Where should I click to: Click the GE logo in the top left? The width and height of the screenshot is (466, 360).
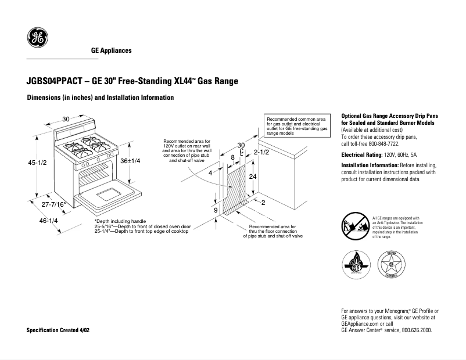point(38,38)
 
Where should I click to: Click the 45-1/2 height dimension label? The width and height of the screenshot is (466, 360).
point(38,163)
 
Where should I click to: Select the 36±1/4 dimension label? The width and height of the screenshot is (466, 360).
point(130,161)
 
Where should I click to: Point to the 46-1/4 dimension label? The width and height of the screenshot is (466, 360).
point(48,221)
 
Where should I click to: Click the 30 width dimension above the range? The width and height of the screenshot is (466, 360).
point(66,119)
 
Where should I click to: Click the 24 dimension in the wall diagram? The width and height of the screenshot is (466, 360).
point(253,176)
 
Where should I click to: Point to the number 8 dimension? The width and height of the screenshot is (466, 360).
point(232,157)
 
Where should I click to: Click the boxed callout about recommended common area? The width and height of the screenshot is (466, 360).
point(296,125)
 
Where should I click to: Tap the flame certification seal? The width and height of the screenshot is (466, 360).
point(354,266)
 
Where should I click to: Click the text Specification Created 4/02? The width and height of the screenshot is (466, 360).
point(58,330)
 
